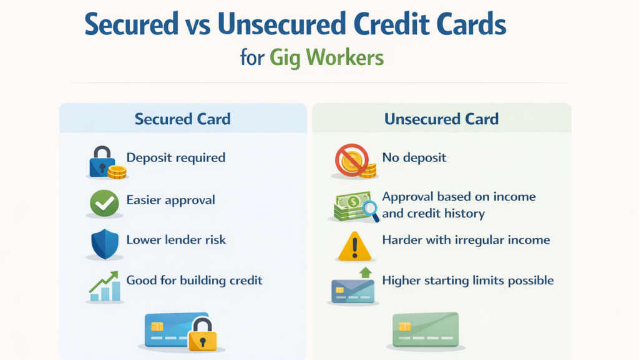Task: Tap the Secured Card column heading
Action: pos(183,119)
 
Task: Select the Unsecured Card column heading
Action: pos(441,119)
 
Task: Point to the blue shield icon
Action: pos(104,243)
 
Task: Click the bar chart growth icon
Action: pos(104,286)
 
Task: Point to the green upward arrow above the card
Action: pos(365,273)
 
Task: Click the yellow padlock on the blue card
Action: pos(203,335)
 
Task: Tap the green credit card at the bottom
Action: pos(425,329)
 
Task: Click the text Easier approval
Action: pos(170,200)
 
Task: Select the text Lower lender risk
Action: pos(176,240)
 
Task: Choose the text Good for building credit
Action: pos(194,280)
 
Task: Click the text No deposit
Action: pos(414,157)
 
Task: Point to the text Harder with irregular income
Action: pos(466,240)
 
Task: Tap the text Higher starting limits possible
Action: pos(467,280)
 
